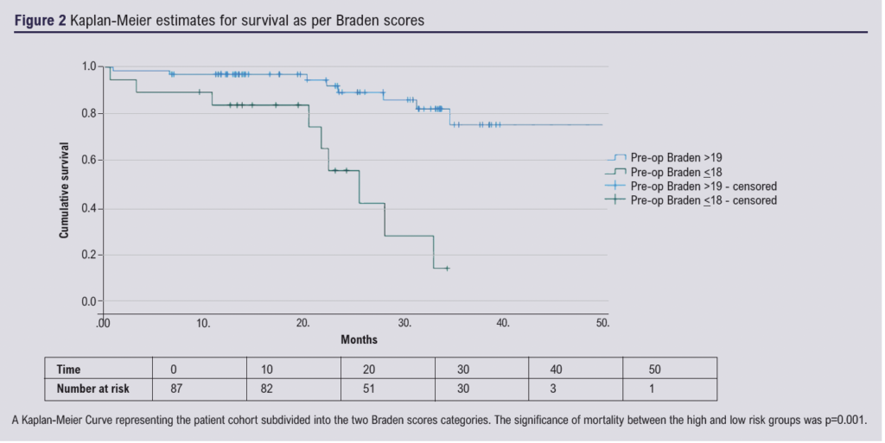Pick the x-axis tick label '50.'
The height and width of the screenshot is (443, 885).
click(602, 323)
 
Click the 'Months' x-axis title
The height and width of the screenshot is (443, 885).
click(359, 340)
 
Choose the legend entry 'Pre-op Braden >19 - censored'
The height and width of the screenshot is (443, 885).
click(703, 186)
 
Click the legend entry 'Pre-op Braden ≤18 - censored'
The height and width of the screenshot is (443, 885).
click(703, 200)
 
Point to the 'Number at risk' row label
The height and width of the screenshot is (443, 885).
click(92, 389)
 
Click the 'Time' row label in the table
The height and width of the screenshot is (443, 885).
click(68, 369)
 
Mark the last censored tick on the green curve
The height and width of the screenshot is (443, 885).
click(447, 269)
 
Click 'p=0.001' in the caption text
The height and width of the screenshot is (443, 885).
click(844, 421)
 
